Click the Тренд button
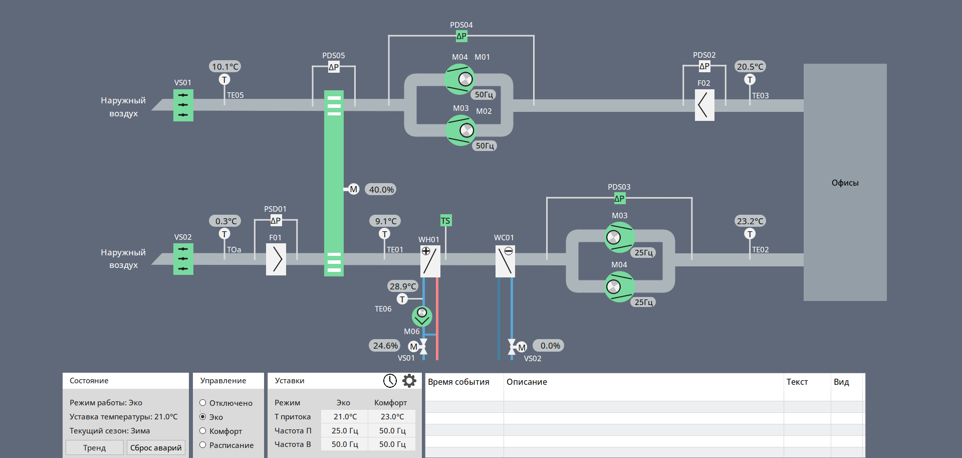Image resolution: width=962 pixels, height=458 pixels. [x=94, y=447]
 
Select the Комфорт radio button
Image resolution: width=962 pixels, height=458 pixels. [x=203, y=431]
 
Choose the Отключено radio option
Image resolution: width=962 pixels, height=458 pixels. [x=203, y=403]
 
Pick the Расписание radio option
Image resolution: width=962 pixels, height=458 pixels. [x=203, y=445]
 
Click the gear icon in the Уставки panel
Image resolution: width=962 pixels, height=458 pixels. [x=409, y=381]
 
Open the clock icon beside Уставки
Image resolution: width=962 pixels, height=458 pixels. [x=390, y=381]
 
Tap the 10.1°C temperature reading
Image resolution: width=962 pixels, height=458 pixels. [x=225, y=67]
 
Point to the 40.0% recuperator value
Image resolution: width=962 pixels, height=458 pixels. [x=381, y=190]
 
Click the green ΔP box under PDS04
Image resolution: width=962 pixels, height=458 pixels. [x=461, y=36]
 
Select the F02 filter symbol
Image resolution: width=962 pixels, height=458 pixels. [x=704, y=105]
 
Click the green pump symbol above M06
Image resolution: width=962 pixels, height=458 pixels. [x=422, y=316]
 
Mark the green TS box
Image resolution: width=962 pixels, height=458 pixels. [x=445, y=221]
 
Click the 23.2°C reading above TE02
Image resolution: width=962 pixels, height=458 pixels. [x=750, y=221]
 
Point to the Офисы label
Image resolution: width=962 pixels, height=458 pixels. [x=845, y=183]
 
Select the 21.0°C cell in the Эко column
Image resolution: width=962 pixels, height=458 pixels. [x=345, y=417]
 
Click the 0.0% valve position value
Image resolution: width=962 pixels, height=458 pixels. [x=550, y=346]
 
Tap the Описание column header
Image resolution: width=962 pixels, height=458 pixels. [x=527, y=382]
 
